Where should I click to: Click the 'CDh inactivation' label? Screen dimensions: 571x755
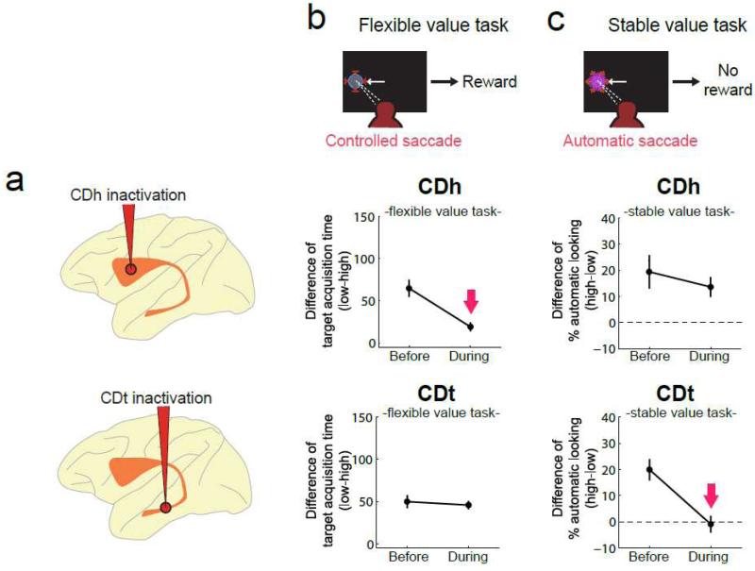(x=133, y=195)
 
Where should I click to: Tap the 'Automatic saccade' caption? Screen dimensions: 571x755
(x=616, y=141)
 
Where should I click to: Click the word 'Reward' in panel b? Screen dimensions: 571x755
(x=489, y=82)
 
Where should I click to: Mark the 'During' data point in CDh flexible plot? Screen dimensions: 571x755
(x=470, y=327)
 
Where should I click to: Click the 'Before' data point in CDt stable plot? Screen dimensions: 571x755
(x=649, y=470)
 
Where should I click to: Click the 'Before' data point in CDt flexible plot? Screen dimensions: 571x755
(x=409, y=501)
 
